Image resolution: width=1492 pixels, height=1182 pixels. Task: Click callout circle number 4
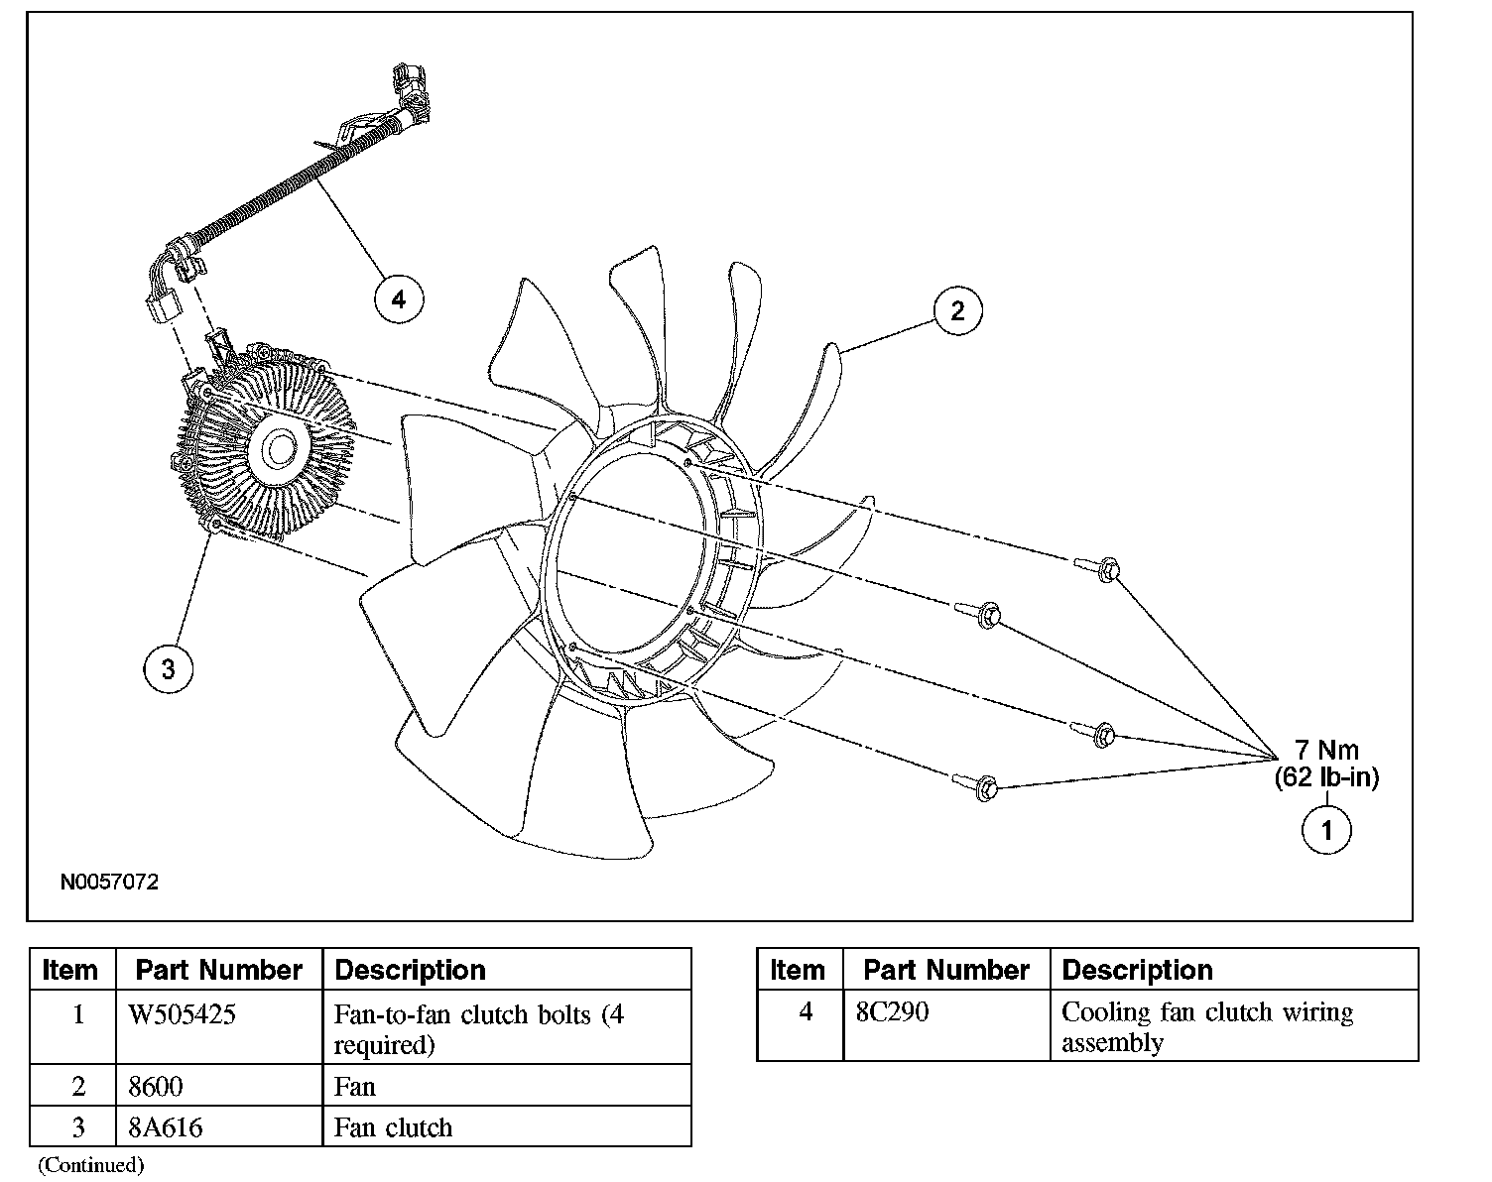point(399,298)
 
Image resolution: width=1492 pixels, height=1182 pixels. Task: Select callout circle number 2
point(957,310)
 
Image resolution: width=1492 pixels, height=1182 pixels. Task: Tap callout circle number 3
point(169,669)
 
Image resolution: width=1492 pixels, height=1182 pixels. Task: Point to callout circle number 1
point(1326,830)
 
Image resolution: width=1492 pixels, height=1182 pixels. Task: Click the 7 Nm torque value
point(1326,750)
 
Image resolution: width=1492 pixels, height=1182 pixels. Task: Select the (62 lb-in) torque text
point(1326,777)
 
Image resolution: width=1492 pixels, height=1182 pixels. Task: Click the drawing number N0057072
point(109,882)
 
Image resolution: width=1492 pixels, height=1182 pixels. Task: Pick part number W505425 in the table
point(183,1014)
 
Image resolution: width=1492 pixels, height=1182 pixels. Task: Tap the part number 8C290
point(892,1012)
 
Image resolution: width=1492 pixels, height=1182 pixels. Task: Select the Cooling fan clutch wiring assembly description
point(1207,1026)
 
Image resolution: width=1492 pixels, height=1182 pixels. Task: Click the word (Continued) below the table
point(91,1165)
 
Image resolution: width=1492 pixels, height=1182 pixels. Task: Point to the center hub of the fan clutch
point(279,450)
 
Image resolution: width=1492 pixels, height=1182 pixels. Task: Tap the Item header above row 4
point(798,970)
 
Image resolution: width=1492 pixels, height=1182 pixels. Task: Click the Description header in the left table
point(411,970)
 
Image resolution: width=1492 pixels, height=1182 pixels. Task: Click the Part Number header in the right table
point(946,970)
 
